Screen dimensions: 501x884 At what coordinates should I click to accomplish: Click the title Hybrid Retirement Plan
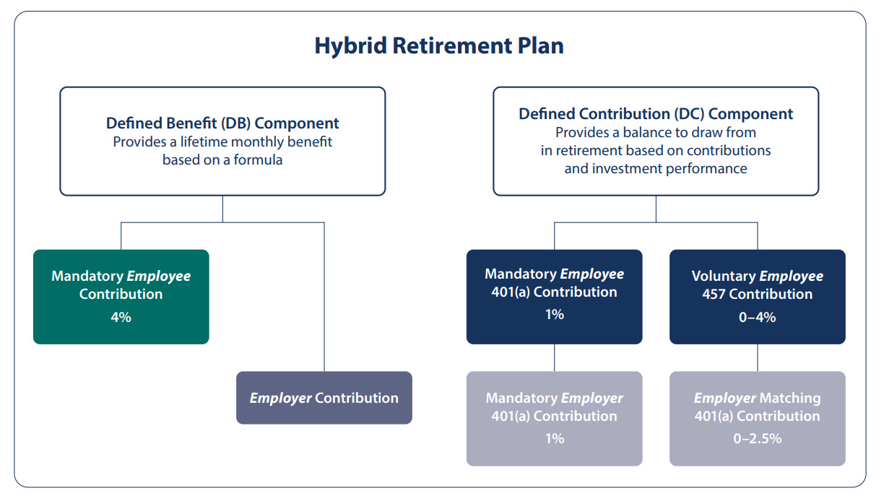click(x=439, y=46)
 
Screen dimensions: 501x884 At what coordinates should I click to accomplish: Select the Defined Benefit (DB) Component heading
click(x=222, y=123)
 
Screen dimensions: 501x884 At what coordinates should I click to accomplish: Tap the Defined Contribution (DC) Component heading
click(x=656, y=114)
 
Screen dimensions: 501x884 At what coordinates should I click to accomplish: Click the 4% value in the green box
click(x=121, y=316)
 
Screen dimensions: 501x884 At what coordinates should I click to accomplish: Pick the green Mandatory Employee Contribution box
click(x=121, y=296)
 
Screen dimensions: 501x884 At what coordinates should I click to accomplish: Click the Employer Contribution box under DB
click(x=324, y=398)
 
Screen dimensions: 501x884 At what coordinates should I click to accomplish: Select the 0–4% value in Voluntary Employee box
click(x=757, y=316)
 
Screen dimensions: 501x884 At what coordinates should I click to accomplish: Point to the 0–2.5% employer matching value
click(x=757, y=438)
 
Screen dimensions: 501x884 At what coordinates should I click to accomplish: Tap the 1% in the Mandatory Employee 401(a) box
click(x=554, y=314)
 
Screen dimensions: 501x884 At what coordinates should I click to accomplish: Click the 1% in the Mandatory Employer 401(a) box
click(x=554, y=438)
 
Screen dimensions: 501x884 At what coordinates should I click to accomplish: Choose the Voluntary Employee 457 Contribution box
click(x=757, y=296)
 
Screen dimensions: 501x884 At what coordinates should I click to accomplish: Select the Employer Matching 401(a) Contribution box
click(x=757, y=418)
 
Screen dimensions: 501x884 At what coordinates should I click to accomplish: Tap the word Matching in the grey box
click(x=789, y=398)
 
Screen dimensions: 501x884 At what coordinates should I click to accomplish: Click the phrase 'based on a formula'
click(x=222, y=160)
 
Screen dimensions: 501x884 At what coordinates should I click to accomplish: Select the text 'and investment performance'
click(x=656, y=169)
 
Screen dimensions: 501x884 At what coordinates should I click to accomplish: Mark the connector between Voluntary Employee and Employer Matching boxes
click(x=757, y=357)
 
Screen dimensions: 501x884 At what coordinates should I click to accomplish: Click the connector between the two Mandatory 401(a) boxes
click(x=554, y=357)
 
